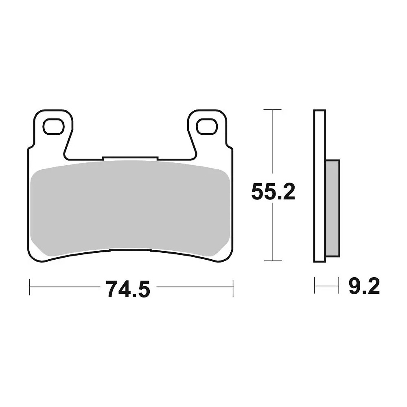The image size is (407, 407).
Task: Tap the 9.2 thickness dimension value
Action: [364, 287]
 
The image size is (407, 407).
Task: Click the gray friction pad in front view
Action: [130, 208]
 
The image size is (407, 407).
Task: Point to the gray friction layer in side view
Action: [333, 208]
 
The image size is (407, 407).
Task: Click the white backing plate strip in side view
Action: [320, 185]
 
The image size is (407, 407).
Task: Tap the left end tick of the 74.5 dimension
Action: [30, 287]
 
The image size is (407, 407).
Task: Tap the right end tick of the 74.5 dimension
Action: [233, 287]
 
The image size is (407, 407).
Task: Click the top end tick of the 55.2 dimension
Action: [272, 109]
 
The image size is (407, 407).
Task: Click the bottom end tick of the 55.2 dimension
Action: [272, 261]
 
